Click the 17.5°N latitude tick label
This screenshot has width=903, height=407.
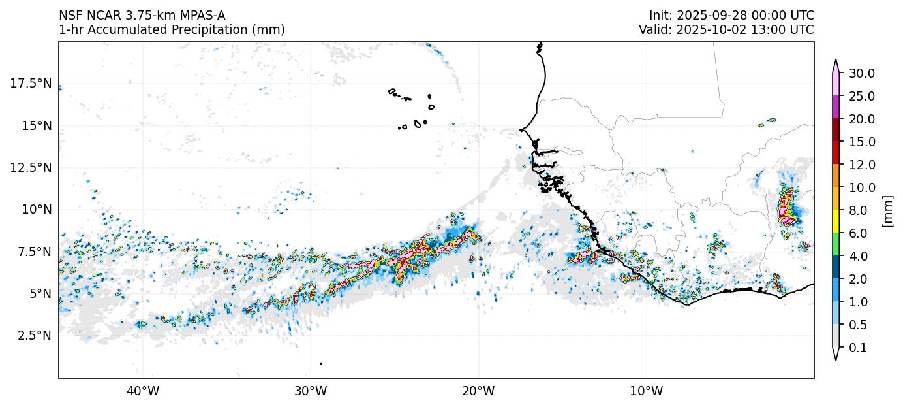point(30,84)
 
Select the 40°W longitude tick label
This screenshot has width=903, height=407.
point(143,391)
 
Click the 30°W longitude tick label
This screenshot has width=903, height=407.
point(311,391)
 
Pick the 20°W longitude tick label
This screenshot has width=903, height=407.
point(478,391)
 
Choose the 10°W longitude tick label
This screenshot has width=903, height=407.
point(647,391)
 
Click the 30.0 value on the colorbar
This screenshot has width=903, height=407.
point(861,73)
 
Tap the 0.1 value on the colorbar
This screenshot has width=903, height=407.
point(858,348)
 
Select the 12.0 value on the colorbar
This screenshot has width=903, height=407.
point(861,165)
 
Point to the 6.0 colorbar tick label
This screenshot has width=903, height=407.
point(858,233)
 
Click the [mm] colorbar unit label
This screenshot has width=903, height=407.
point(887,210)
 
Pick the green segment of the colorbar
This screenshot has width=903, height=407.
point(836,245)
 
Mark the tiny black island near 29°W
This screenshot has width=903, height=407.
point(321,363)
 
